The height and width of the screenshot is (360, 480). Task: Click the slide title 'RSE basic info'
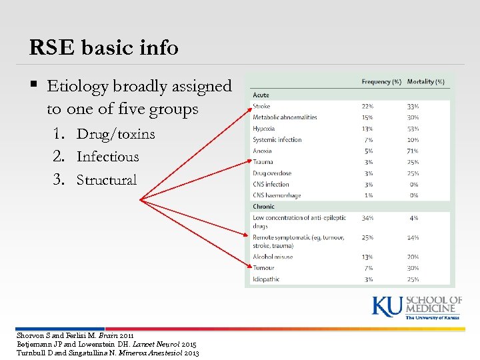click(x=103, y=47)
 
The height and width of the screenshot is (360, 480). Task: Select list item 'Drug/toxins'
click(x=115, y=133)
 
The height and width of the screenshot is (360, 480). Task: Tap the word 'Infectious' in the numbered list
click(x=107, y=157)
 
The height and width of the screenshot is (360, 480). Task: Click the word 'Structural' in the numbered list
click(x=107, y=180)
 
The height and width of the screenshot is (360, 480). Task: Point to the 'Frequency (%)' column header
click(x=381, y=82)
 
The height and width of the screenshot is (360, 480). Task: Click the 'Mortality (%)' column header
click(x=425, y=82)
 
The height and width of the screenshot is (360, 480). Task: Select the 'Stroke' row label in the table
click(x=261, y=106)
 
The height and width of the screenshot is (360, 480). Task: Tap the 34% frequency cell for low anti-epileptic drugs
click(x=367, y=218)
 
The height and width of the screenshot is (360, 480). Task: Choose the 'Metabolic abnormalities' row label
click(x=285, y=117)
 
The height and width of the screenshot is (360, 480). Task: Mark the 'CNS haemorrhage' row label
click(x=277, y=195)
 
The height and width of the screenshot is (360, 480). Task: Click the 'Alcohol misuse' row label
click(x=273, y=257)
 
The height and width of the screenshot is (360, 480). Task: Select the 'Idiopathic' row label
click(x=266, y=279)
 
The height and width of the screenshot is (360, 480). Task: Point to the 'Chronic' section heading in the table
click(x=263, y=207)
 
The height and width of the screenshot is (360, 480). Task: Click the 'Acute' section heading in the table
click(x=261, y=95)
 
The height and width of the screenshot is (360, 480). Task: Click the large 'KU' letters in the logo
click(x=387, y=307)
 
